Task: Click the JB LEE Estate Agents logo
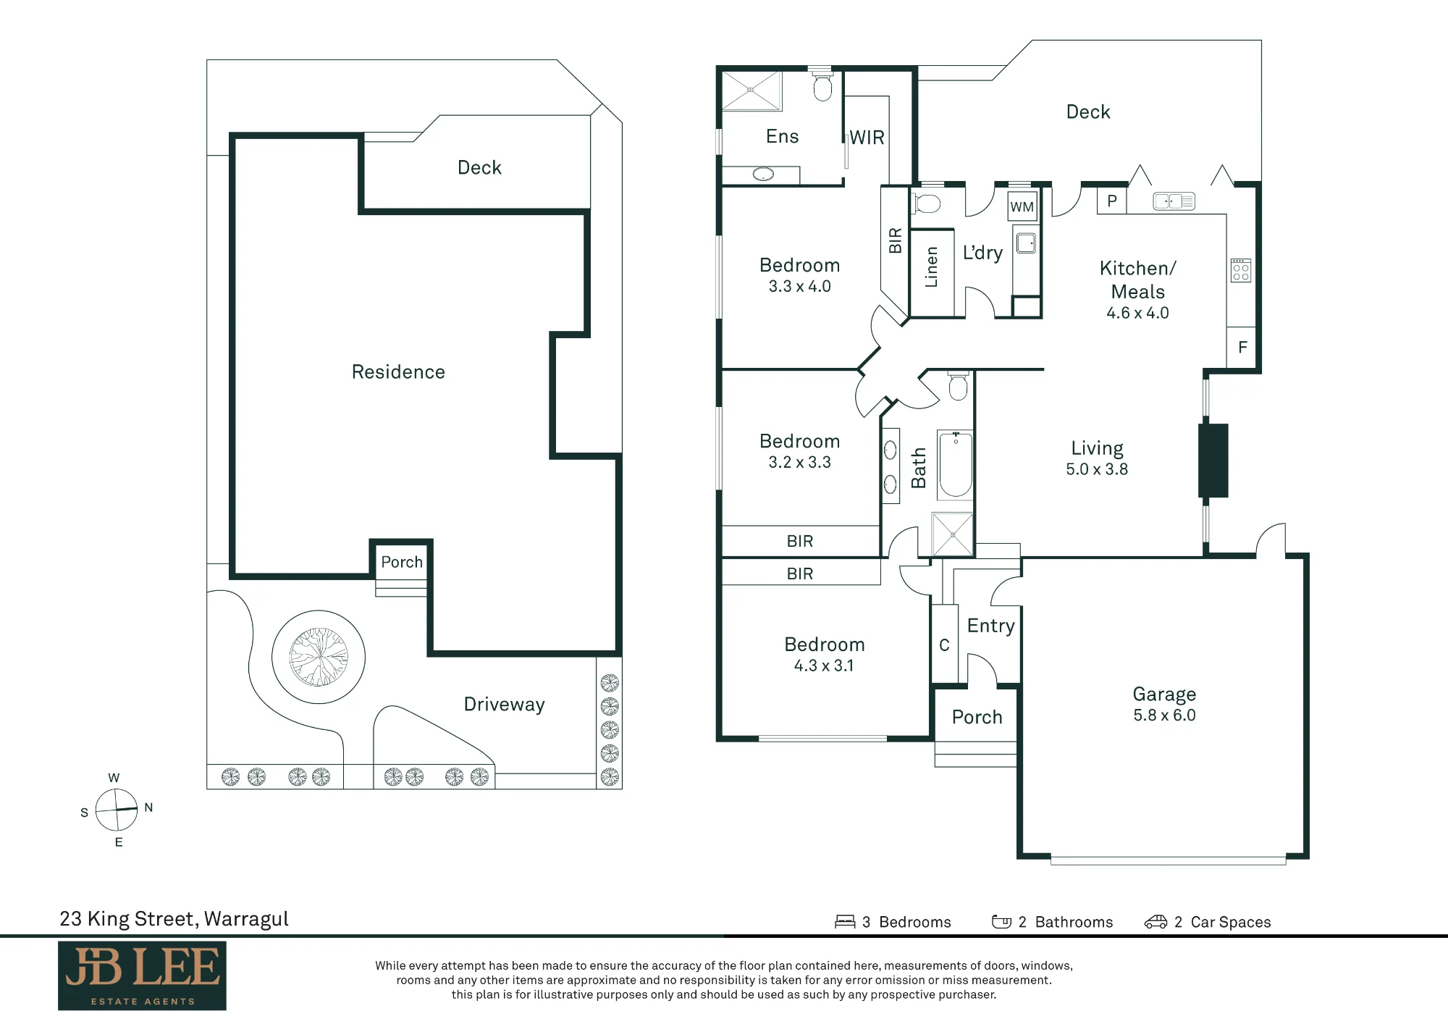pos(142,975)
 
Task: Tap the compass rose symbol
pos(117,809)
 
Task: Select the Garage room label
pos(1164,694)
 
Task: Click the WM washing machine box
pos(1022,206)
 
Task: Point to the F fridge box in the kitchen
pos(1242,348)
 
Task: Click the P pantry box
pos(1112,201)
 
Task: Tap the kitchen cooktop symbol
pos(1241,270)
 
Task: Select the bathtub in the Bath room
pos(956,465)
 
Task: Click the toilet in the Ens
pos(822,85)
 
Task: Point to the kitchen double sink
pos(1174,201)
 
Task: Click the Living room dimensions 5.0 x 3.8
pos(1097,469)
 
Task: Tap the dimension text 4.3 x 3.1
pos(824,666)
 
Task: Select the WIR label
pos(867,138)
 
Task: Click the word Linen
pos(931,267)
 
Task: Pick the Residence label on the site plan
pos(398,372)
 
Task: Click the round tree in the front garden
pos(319,657)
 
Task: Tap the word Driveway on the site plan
pos(504,705)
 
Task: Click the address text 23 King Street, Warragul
pos(174,919)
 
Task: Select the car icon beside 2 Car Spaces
pos(1156,922)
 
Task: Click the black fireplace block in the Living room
pos(1213,461)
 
